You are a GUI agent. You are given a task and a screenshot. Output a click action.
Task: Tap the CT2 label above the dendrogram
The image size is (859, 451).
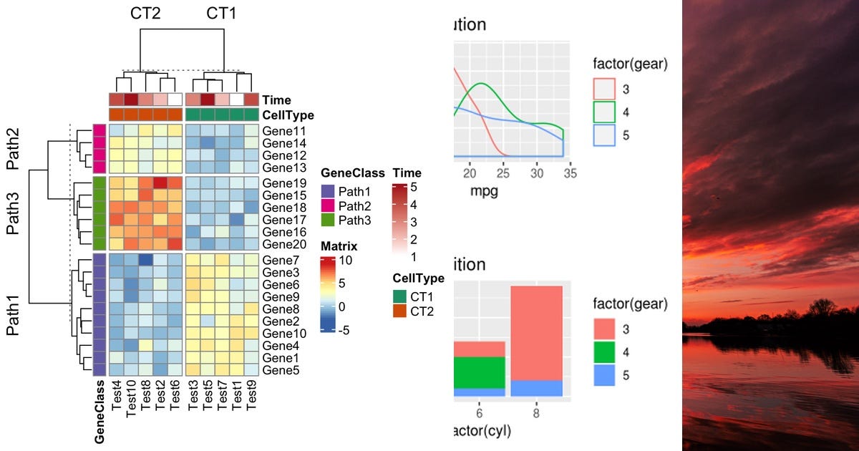[145, 14]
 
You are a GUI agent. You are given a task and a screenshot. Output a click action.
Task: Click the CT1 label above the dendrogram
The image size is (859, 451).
[222, 14]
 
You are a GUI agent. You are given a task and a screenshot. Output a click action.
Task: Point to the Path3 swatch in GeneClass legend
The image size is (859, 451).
[328, 220]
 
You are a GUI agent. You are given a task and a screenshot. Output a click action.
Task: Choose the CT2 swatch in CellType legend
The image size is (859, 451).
[399, 311]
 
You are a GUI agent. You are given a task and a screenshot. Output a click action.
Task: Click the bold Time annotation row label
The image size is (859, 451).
[276, 100]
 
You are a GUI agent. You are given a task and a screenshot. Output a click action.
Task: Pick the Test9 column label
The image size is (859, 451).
[251, 396]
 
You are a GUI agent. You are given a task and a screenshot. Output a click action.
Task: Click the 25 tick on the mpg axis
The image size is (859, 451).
[504, 173]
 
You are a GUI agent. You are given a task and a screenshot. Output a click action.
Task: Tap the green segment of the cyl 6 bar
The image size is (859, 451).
[480, 372]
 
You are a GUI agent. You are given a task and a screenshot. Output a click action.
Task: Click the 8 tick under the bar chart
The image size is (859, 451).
[536, 413]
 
